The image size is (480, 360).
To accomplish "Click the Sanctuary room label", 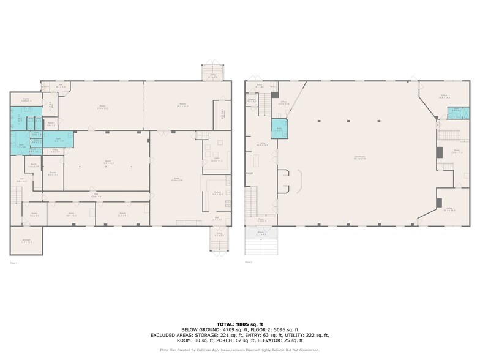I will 359,157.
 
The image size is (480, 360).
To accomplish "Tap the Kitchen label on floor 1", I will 217,193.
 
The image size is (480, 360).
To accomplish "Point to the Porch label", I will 260,233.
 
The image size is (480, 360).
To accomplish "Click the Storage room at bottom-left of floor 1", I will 26,241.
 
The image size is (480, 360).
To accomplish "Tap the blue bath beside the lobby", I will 279,130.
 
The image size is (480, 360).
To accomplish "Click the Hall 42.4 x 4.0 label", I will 96,195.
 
